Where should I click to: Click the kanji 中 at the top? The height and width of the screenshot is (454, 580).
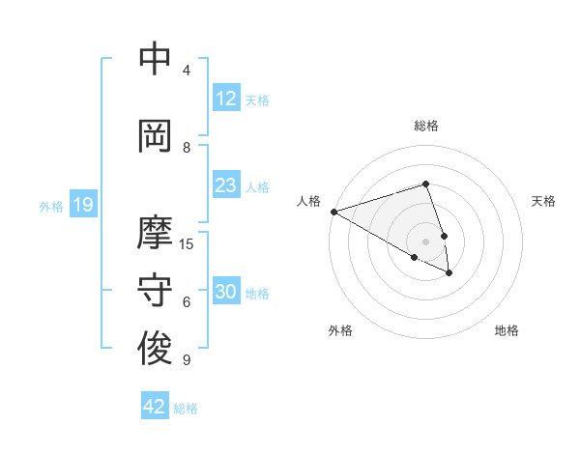tap(156, 59)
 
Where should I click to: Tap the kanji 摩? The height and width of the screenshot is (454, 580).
tap(156, 233)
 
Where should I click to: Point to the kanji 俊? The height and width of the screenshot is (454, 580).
tap(156, 349)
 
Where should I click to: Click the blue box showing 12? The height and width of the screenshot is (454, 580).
tap(226, 98)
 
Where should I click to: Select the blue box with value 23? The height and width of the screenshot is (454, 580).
tap(226, 185)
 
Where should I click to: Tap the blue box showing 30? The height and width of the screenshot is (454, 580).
tap(226, 292)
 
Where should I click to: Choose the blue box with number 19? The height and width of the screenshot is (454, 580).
tap(83, 204)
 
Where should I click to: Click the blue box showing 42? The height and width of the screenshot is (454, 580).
tap(155, 407)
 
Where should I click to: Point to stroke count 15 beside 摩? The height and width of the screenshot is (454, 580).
tap(188, 243)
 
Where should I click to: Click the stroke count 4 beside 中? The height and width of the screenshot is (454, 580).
tap(187, 70)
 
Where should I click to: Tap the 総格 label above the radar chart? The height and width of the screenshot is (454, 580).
tap(426, 126)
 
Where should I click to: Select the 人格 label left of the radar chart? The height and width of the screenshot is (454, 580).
tap(308, 201)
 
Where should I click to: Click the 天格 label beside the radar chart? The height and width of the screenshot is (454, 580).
tap(544, 201)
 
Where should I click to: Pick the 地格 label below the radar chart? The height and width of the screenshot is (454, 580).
tap(507, 330)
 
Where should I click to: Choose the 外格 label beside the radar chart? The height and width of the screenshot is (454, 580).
tap(340, 330)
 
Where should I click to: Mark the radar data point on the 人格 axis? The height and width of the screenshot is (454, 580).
tap(333, 212)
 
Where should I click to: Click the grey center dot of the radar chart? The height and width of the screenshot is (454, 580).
tap(426, 241)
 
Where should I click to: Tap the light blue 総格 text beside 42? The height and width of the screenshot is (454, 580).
tap(186, 409)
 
